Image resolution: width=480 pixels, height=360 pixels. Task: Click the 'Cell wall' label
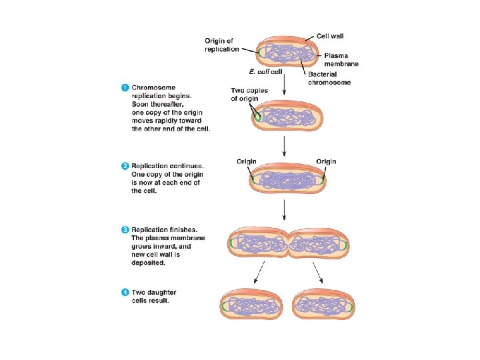point(331,36)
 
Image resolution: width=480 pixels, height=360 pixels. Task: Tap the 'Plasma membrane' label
point(341,59)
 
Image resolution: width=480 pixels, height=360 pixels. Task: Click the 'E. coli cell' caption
point(266,71)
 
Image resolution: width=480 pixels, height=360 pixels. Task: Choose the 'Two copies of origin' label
point(248,95)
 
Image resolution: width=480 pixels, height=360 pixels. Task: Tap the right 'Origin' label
point(326,161)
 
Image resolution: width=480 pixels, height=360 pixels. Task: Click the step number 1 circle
point(125,87)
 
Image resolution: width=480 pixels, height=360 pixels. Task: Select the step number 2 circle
point(125,166)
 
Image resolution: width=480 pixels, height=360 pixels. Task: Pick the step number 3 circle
point(125,231)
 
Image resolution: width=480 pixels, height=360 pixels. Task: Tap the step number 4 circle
point(125,293)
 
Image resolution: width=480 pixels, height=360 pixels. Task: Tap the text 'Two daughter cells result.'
point(155,297)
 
